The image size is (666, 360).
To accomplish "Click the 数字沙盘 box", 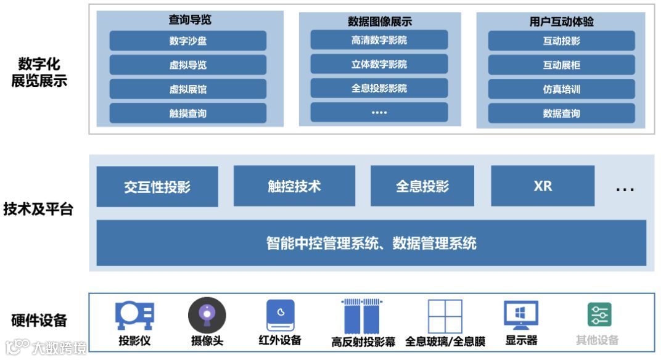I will coord(188,41).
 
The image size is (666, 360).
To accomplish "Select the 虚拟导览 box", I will coord(188,65).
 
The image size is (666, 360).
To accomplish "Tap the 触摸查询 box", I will coord(188,113).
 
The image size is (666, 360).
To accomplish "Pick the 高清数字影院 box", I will coord(379,41).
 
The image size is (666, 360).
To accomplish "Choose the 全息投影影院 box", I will coord(379,88).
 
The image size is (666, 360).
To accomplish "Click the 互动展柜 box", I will coord(561,65).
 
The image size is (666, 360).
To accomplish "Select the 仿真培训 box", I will coord(561,89).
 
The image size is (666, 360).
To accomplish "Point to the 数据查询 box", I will coord(561,113).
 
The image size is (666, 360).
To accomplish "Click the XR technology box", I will coord(543,186).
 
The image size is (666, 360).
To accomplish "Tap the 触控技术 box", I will coord(294,186).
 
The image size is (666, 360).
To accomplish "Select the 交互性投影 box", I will coord(157,186).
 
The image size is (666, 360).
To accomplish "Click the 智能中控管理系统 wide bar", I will coord(371,243).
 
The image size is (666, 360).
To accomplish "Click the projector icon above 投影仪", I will coord(134,315).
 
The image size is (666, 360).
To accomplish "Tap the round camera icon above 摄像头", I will coord(207,314).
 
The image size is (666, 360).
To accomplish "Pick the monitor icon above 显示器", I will coord(521,315).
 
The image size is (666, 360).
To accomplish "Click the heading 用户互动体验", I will coord(561,22).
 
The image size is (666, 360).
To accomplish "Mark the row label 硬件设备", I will coord(39,321).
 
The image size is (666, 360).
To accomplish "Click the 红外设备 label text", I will coord(280,340).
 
